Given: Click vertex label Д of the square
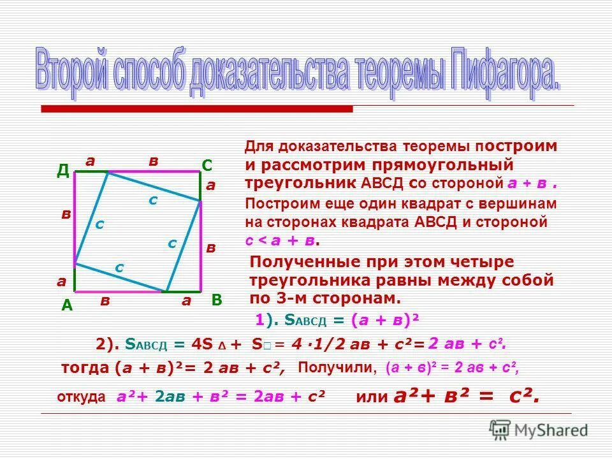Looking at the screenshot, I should [x=63, y=170].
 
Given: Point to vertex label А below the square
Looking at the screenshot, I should [x=66, y=306].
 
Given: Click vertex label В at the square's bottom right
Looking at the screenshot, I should [x=216, y=300].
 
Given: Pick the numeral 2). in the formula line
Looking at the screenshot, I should [x=108, y=344].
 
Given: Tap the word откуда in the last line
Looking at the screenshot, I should [x=81, y=397].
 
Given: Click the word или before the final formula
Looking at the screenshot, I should [x=372, y=397].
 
